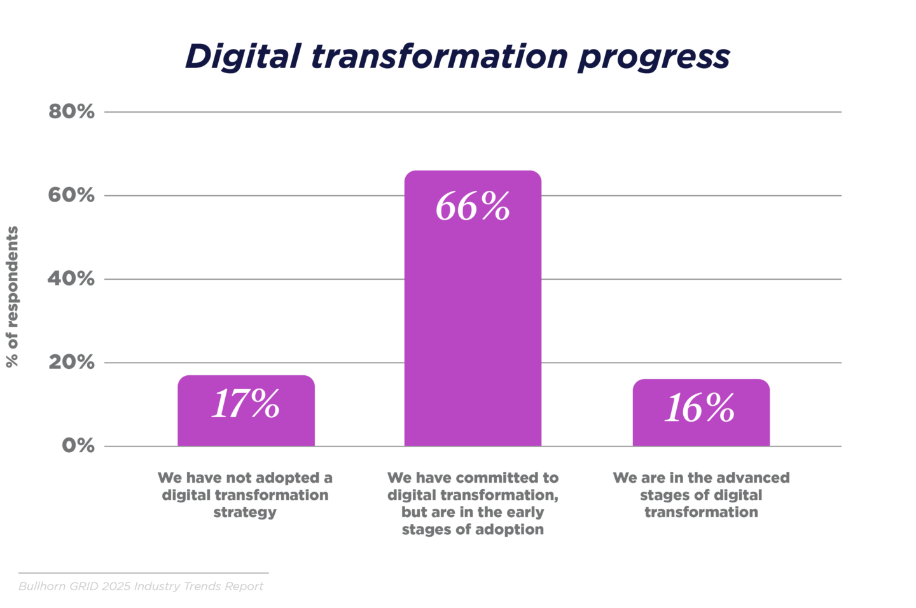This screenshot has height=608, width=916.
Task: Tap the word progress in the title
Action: coord(653,57)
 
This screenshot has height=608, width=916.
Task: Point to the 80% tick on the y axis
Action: coord(71,111)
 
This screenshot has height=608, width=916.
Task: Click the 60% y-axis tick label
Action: coord(71,195)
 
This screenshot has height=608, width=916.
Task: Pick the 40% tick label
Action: coord(71,279)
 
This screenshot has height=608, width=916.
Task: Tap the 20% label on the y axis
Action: coord(71,363)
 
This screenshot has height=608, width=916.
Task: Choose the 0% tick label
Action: coord(78,446)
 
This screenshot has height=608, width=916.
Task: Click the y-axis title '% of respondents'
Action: coord(12,296)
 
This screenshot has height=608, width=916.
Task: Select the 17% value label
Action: coord(246,404)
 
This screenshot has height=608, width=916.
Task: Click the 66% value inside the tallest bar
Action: coord(473,207)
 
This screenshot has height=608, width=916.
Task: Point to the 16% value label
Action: coord(700,408)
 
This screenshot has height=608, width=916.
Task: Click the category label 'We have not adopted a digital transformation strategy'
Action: coord(245,495)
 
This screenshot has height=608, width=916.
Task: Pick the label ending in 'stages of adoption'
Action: coord(473,503)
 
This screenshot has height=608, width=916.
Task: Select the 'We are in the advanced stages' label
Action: coord(701,495)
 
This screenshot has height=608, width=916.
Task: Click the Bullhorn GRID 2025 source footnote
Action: coord(141,586)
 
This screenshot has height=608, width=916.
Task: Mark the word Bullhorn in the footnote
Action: coord(42,586)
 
